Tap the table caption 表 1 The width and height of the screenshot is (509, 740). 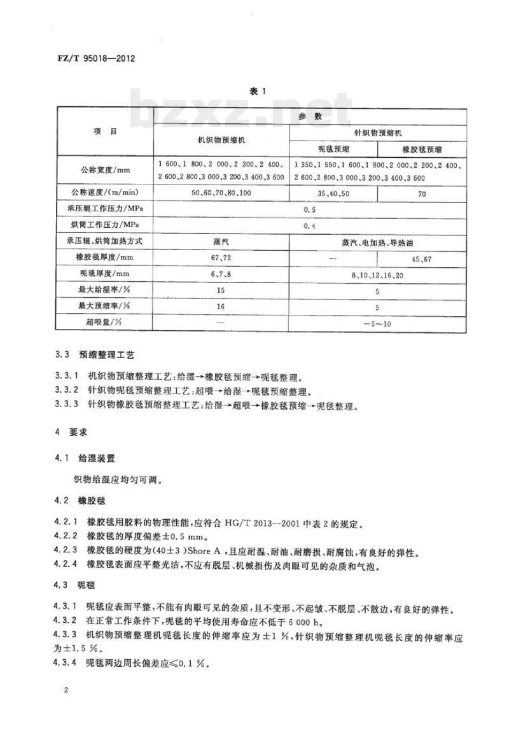pos(256,92)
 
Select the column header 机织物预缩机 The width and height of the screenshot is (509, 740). pos(220,141)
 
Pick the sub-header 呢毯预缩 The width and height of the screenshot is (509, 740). pos(333,149)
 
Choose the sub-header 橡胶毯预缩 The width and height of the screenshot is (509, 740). pos(422,149)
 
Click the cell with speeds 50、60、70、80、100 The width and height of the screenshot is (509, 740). pos(220,192)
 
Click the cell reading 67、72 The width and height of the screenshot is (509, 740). pos(220,258)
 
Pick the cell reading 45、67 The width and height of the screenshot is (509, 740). pos(422,258)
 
